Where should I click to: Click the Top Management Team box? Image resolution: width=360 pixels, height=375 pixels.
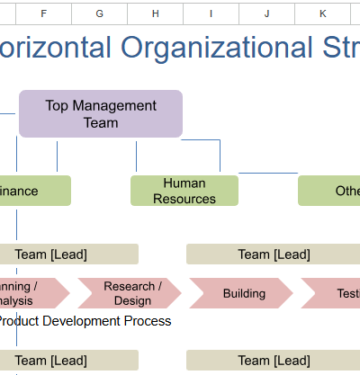pos(100,113)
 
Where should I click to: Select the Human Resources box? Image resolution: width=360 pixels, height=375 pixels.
pos(184,191)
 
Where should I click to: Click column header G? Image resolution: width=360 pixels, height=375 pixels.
pos(99,13)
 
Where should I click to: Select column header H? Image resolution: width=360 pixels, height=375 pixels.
pos(155,13)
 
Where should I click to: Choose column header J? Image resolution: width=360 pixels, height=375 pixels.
pos(266,13)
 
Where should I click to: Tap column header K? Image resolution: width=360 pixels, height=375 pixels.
pos(322,13)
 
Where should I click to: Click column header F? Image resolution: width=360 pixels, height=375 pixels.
pos(43,13)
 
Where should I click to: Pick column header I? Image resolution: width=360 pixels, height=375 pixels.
pos(211,13)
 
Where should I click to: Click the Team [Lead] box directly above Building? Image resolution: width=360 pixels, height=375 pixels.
pos(273,254)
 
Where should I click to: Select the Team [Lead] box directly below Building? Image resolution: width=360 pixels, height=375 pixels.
pos(273,361)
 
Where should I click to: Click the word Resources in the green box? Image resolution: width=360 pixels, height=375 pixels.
pos(184,199)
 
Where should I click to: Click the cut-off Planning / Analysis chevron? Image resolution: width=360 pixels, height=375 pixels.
pos(27,293)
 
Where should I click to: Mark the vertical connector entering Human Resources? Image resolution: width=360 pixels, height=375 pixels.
pos(137,156)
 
